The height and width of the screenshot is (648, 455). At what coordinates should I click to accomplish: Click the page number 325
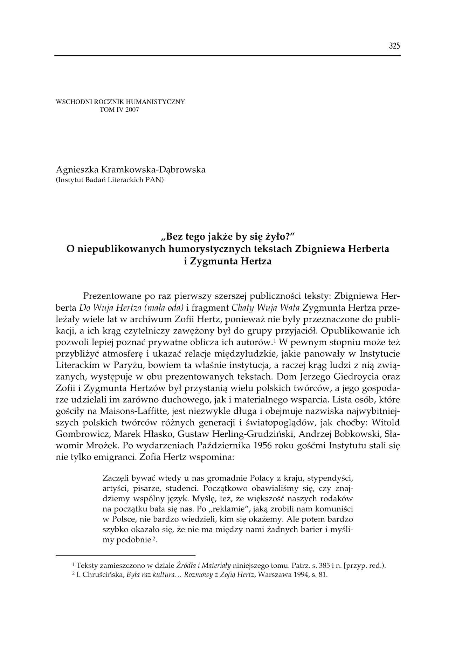[x=394, y=46]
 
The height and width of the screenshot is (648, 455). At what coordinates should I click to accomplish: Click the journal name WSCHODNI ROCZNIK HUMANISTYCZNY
[x=120, y=102]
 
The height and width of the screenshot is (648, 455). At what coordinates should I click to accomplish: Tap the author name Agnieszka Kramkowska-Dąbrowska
[x=131, y=170]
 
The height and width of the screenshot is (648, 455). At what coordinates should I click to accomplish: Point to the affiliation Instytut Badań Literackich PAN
[x=110, y=180]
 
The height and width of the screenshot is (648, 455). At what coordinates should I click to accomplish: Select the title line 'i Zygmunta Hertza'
[x=227, y=261]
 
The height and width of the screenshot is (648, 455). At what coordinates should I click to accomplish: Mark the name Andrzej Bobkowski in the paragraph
[x=350, y=434]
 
